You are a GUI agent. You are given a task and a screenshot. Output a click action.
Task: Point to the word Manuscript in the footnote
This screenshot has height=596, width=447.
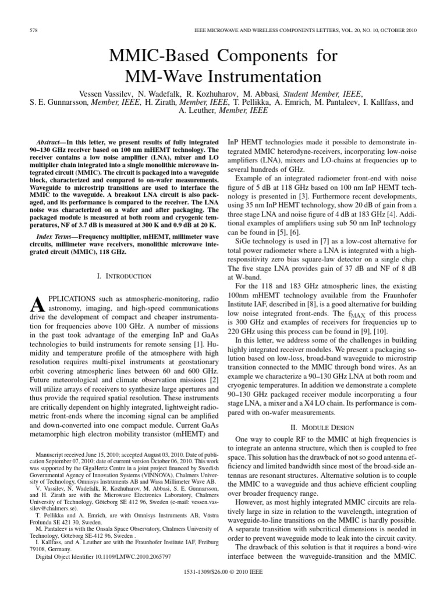point(54,470)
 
